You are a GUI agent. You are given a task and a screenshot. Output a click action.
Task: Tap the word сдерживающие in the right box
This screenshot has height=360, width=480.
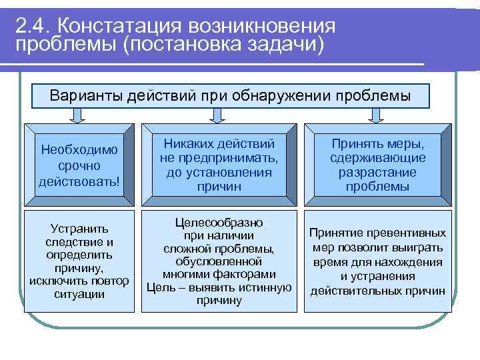(377, 158)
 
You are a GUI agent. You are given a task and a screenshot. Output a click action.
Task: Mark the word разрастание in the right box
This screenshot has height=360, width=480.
(377, 172)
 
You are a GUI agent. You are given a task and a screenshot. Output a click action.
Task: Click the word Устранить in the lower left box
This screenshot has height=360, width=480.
(79, 229)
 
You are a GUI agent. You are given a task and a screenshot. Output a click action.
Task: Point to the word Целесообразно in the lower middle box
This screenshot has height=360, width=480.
(219, 222)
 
